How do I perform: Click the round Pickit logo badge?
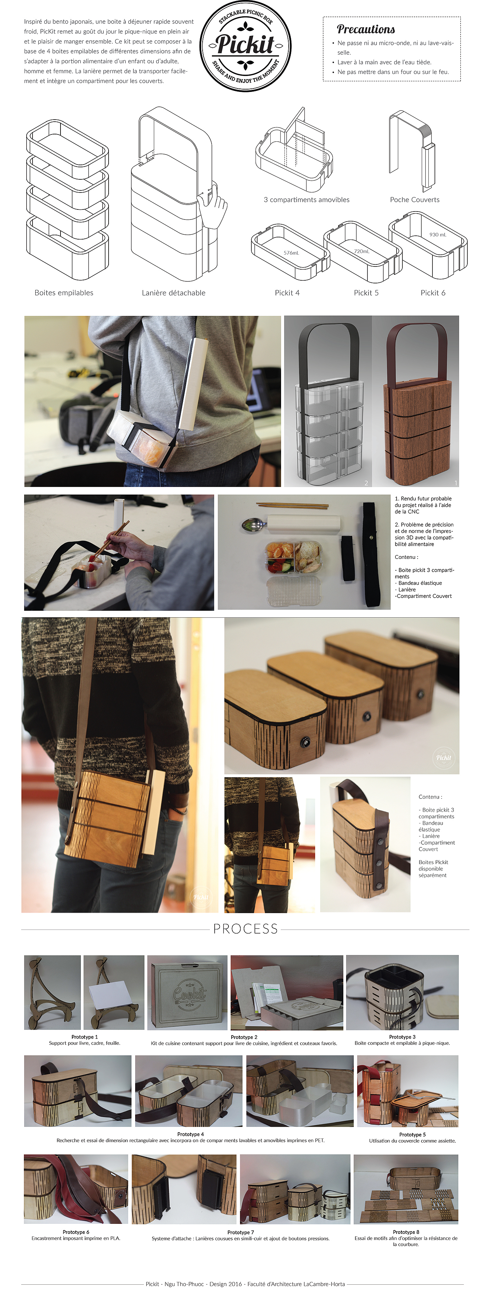click(245, 46)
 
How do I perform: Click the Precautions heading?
click(365, 29)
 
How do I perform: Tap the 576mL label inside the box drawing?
click(291, 253)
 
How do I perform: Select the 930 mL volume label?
click(438, 234)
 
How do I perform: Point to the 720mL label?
click(362, 251)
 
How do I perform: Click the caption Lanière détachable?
click(174, 293)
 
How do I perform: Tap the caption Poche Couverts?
click(415, 200)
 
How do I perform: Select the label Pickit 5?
click(366, 293)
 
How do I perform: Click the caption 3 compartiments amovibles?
click(307, 200)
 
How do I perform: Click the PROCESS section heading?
click(245, 929)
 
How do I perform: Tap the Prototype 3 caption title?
click(402, 1037)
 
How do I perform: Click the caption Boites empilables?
click(64, 293)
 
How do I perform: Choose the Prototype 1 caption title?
click(84, 1037)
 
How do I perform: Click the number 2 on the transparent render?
click(366, 483)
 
